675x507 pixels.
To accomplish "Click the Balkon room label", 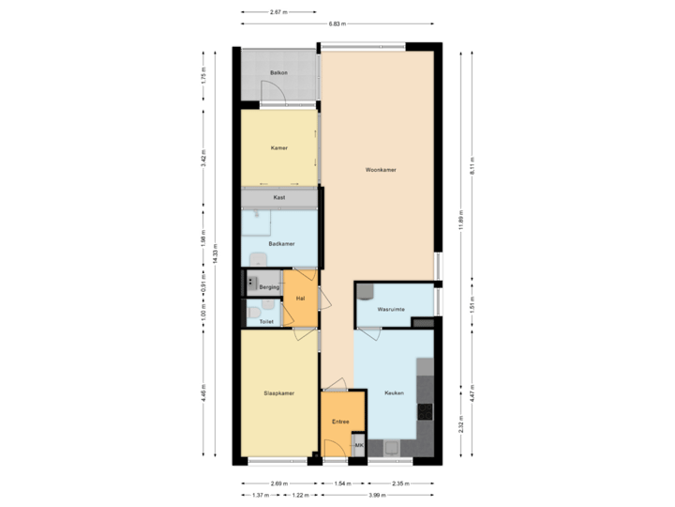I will tap(277, 72).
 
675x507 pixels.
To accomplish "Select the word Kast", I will tap(278, 198).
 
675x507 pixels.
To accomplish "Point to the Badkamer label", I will tap(280, 243).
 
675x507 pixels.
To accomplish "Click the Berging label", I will tap(269, 285).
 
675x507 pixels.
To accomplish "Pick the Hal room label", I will tap(300, 298).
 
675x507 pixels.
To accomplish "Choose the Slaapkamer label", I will tap(278, 393).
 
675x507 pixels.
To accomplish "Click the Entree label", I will tap(339, 422).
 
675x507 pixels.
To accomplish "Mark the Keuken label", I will tap(394, 393).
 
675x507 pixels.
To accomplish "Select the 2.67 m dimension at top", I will tap(277, 12).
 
